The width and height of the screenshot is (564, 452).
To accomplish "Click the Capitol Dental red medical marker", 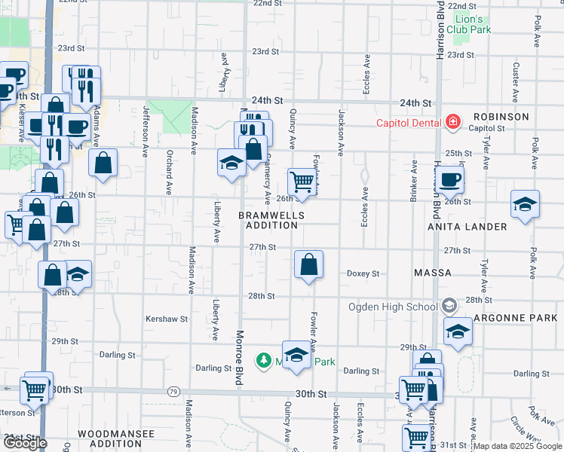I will click(452, 121).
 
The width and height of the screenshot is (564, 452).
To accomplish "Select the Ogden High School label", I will click(392, 307).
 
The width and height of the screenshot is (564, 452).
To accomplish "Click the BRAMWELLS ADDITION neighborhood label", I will click(271, 220).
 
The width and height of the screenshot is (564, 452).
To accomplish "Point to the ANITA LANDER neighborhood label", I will click(467, 227).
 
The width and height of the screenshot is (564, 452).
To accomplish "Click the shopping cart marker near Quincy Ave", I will click(302, 181).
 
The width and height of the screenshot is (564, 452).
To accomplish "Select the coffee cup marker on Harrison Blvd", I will click(450, 179).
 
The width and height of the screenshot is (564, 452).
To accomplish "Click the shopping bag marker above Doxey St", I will click(308, 264).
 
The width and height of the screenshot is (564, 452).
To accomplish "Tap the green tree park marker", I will click(263, 361).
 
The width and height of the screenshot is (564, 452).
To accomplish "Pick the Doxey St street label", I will click(363, 273).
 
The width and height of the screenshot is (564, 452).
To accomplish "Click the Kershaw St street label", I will click(166, 319).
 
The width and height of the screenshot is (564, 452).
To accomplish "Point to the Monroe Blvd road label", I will click(239, 359).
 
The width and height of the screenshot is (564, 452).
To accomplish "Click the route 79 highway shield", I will click(173, 392).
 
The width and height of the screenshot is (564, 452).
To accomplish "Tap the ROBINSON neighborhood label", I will click(501, 117).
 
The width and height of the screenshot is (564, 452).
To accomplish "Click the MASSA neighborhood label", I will click(433, 272).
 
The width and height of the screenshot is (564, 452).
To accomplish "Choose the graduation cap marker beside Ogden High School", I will click(458, 331).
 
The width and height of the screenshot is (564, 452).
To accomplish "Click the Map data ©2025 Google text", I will click(516, 446).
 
